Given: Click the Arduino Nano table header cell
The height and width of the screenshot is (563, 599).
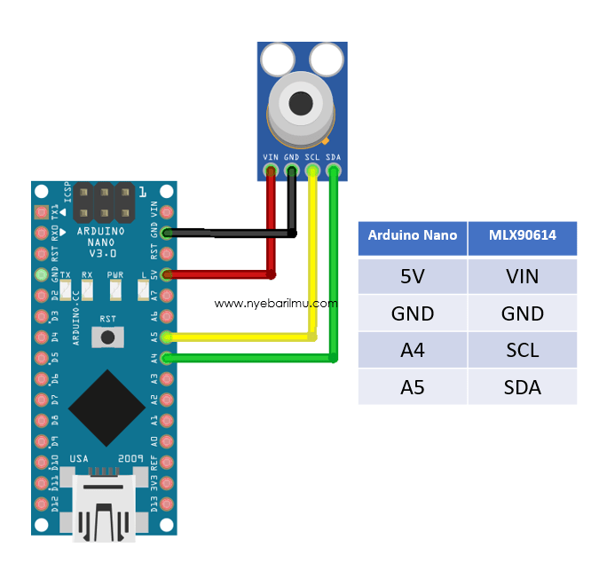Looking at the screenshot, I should (413, 235).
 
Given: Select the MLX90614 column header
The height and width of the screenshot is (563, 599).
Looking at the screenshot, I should (523, 235).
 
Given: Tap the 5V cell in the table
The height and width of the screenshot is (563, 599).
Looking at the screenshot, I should (413, 276).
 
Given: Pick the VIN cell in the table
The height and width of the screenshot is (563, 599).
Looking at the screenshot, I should (523, 276).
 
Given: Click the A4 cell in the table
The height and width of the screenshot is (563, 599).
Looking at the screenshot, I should (413, 350).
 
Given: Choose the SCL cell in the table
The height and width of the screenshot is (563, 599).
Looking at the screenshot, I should (523, 350).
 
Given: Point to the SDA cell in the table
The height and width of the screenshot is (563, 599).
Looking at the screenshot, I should (523, 387).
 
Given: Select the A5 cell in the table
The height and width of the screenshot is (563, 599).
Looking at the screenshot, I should (413, 387).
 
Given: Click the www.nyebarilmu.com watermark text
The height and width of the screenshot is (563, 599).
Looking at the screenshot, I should (276, 303).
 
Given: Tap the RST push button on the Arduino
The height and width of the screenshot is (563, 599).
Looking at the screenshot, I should (108, 337).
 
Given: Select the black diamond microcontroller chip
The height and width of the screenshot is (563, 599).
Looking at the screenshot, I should (107, 407).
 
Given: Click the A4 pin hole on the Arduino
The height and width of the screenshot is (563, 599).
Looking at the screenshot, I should (167, 358).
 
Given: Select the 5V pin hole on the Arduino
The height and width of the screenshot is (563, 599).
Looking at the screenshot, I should (167, 274).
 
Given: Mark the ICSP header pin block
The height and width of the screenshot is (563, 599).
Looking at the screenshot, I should (104, 203).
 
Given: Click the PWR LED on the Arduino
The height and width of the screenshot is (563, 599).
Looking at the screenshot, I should (115, 289).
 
